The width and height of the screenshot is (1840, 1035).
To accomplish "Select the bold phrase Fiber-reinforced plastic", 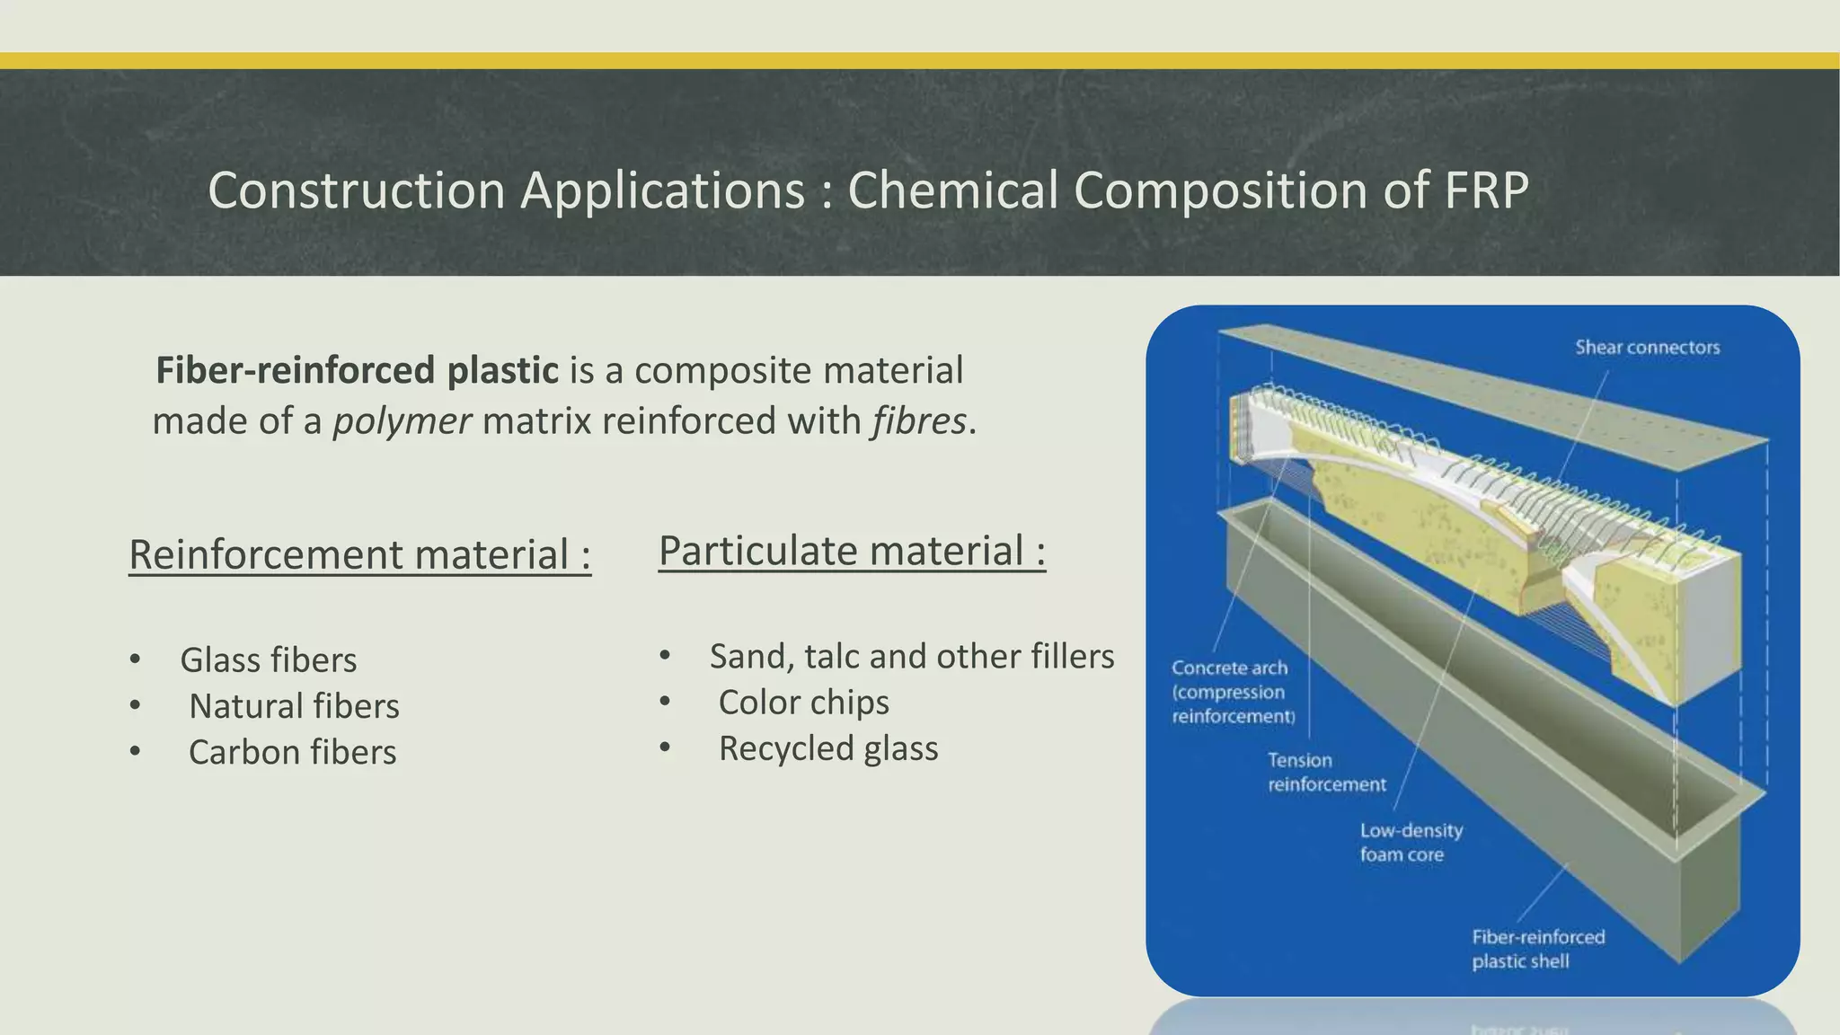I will tap(357, 370).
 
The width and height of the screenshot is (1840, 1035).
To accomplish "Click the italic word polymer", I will tap(402, 420).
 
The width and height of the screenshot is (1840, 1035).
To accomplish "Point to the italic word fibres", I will tap(918, 420).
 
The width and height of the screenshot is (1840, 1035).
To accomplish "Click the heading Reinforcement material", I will tap(359, 554).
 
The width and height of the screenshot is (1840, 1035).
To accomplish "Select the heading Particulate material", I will tap(852, 551).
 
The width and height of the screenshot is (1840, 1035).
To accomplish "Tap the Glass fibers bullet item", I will tap(268, 660).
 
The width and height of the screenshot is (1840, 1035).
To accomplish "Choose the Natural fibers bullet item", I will tap(294, 706).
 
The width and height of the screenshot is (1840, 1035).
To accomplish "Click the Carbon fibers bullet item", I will tap(292, 752).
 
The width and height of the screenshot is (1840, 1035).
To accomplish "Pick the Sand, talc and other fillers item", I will tap(911, 657).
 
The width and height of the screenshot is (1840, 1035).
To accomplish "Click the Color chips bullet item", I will tap(803, 703).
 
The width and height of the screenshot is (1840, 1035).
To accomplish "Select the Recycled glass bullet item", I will tap(827, 748).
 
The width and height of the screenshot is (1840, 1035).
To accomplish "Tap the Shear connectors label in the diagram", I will tap(1647, 348).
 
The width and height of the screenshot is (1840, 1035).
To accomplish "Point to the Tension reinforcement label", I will tap(1326, 773).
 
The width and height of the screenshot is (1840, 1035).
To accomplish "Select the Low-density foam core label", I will tap(1411, 843).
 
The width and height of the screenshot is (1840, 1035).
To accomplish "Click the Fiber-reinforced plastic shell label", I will tap(1537, 949).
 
